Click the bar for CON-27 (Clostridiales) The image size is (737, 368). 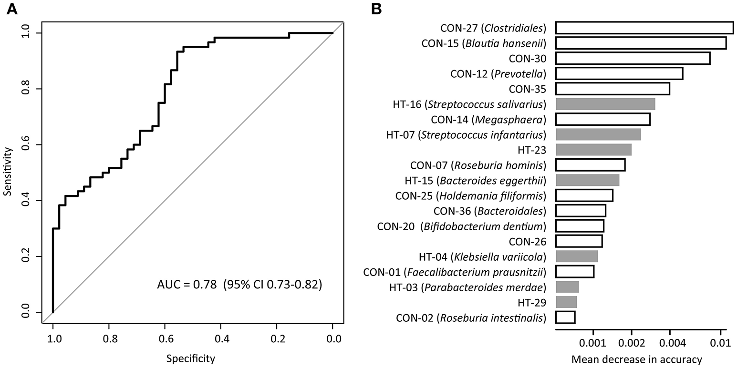tap(644, 28)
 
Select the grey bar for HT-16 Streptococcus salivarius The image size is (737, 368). tap(605, 104)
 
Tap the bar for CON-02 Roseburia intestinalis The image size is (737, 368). tap(565, 317)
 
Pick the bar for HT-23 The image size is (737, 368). tap(593, 150)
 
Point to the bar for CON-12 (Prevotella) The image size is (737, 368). tap(619, 73)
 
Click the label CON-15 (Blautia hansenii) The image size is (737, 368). tap(484, 43)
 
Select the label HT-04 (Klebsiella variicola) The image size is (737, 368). tap(482, 257)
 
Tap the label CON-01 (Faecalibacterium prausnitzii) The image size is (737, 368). tap(455, 272)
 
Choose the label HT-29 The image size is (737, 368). tap(531, 302)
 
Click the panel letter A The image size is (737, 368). tap(12, 9)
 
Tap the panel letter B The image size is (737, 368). tap(377, 9)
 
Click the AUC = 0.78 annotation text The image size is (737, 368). tap(240, 286)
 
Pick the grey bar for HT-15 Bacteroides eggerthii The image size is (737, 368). tap(587, 180)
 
